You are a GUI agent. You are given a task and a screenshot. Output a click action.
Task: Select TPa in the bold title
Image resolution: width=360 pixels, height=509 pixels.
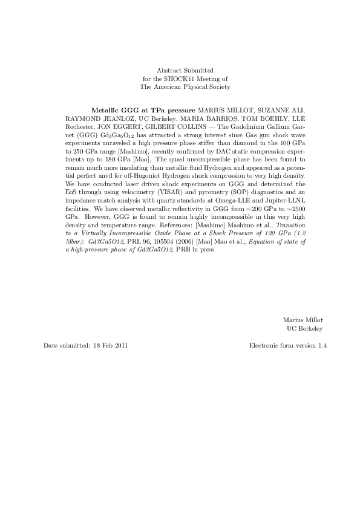[158, 112]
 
